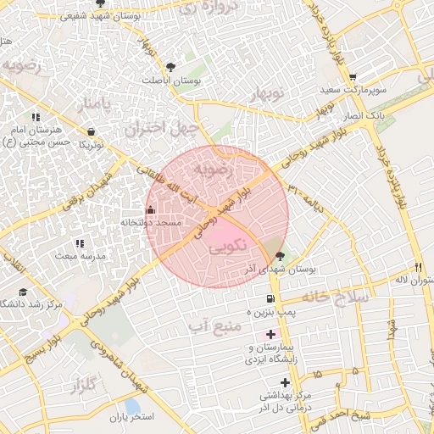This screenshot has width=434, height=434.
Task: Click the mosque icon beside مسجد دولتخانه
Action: [x=151, y=209]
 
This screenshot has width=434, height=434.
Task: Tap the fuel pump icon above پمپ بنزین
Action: [x=270, y=298]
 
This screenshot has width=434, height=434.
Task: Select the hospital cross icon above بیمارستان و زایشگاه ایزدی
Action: [x=270, y=335]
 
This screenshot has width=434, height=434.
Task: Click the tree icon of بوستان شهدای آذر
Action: [x=281, y=255]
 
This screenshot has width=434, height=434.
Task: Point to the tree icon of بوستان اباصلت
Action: [x=171, y=66]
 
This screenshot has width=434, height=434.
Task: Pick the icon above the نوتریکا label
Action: [x=91, y=131]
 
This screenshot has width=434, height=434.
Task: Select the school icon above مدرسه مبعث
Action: [x=80, y=243]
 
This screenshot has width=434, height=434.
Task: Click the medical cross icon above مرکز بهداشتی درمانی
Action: [x=285, y=382]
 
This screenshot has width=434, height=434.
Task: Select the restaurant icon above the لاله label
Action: [x=418, y=266]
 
